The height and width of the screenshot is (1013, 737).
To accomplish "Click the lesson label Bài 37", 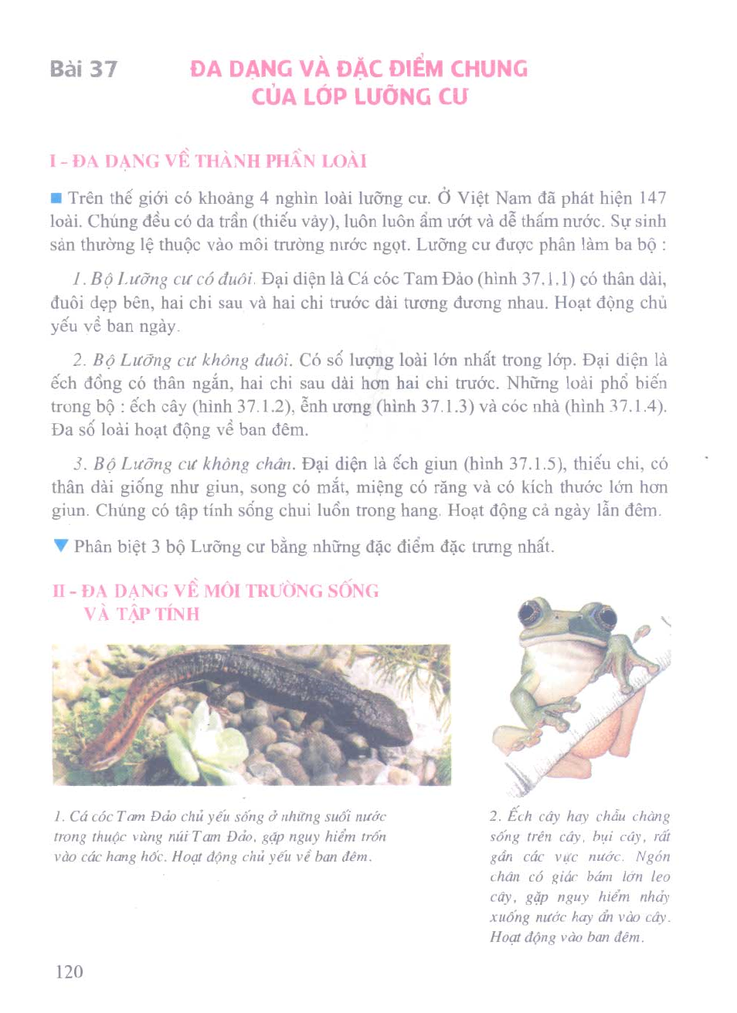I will pos(83,69).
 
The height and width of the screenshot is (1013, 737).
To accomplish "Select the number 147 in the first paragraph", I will pos(652,198).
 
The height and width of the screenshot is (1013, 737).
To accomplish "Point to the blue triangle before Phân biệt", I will pos(61,546).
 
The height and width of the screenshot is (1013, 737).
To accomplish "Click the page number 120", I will pos(69,971).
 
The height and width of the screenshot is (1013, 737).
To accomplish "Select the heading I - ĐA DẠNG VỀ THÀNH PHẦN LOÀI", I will pos(208,161).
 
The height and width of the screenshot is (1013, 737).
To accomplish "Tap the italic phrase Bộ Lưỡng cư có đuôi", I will pos(172,280).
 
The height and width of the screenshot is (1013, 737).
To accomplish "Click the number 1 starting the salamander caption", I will pos(59,817).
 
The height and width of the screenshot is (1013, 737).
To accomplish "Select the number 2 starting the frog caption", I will pos(494,817).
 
